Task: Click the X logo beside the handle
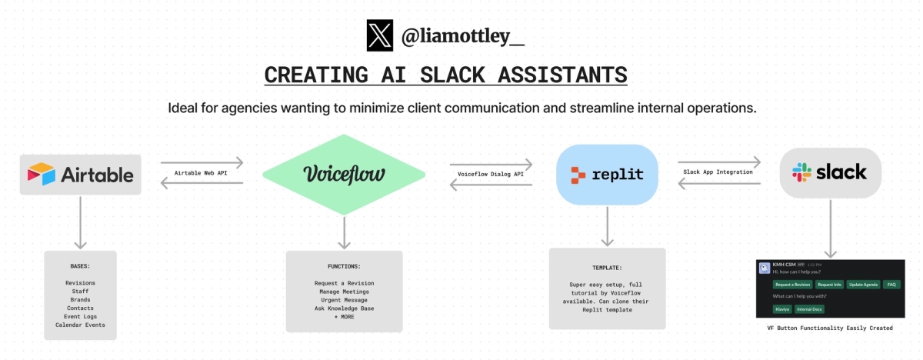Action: pos(380,35)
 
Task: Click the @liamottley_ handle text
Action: pos(463,36)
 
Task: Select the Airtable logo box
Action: pos(81,174)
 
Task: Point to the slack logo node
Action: pos(830,172)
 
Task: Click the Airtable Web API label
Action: pos(201,173)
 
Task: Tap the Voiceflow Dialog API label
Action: pos(490,174)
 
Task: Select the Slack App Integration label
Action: pos(718,172)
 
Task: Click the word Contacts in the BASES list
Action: pos(80,308)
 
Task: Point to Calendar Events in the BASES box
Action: pos(80,325)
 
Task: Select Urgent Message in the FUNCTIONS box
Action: pos(344,300)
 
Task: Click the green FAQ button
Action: pos(891,285)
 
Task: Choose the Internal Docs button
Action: pos(809,309)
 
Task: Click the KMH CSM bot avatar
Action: pos(765,268)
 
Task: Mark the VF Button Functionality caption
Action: pos(830,328)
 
